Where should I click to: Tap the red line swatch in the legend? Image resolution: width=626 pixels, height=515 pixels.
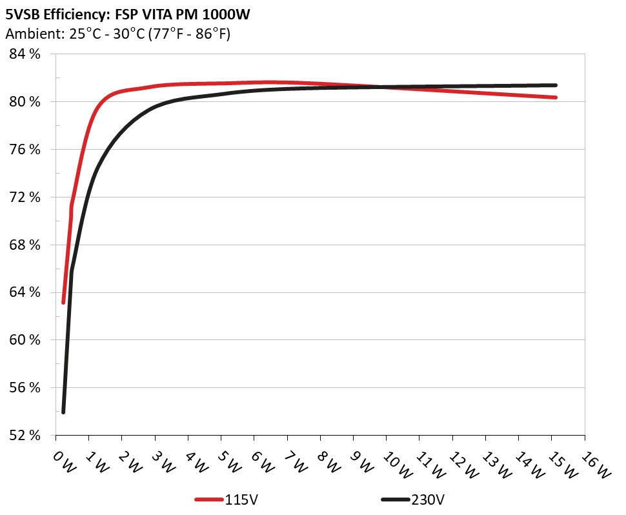pyautogui.click(x=210, y=500)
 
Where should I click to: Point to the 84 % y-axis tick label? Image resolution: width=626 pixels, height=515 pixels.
pyautogui.click(x=25, y=54)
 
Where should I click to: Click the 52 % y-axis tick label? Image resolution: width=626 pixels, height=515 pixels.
pyautogui.click(x=25, y=435)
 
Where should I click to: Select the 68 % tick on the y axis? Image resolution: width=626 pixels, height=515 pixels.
pyautogui.click(x=25, y=245)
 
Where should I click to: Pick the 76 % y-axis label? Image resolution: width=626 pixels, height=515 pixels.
pyautogui.click(x=25, y=150)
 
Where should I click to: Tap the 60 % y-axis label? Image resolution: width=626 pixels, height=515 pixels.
pyautogui.click(x=25, y=340)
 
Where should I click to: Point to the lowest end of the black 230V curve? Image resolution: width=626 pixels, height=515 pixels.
pyautogui.click(x=63, y=412)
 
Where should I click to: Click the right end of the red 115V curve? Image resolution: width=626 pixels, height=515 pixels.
pyautogui.click(x=555, y=97)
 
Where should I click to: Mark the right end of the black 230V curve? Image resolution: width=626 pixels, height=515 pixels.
pyautogui.click(x=555, y=85)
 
